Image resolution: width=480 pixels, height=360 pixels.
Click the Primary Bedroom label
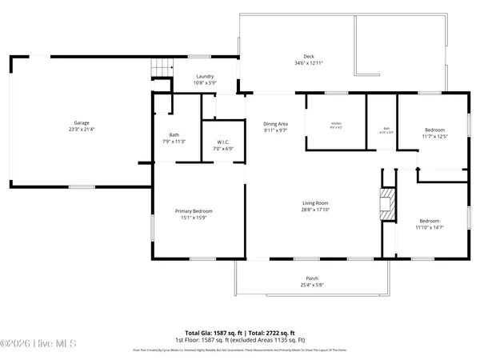click(x=194, y=211)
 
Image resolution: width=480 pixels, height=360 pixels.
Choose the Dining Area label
click(x=275, y=123)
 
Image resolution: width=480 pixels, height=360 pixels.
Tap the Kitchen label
click(x=336, y=123)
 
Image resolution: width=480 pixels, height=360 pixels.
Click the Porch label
click(x=309, y=279)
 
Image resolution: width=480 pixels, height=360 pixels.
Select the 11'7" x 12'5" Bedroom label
click(x=434, y=130)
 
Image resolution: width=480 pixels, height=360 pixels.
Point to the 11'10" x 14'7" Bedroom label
click(x=430, y=221)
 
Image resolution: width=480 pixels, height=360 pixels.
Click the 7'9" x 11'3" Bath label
click(x=174, y=134)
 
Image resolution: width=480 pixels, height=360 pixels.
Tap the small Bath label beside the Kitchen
click(x=385, y=129)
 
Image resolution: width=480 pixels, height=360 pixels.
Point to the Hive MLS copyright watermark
click(x=38, y=343)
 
